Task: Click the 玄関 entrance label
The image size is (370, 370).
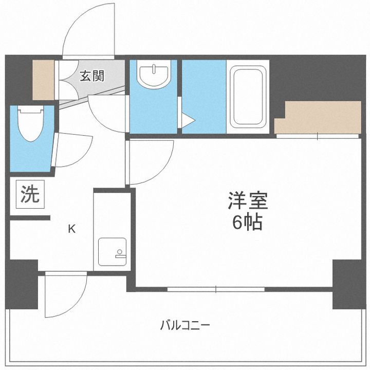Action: click(92, 76)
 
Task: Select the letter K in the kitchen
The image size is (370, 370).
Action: click(72, 229)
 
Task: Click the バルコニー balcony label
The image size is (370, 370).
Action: click(185, 325)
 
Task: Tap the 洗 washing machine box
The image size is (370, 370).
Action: click(29, 195)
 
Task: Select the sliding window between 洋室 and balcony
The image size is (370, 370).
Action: click(216, 289)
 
